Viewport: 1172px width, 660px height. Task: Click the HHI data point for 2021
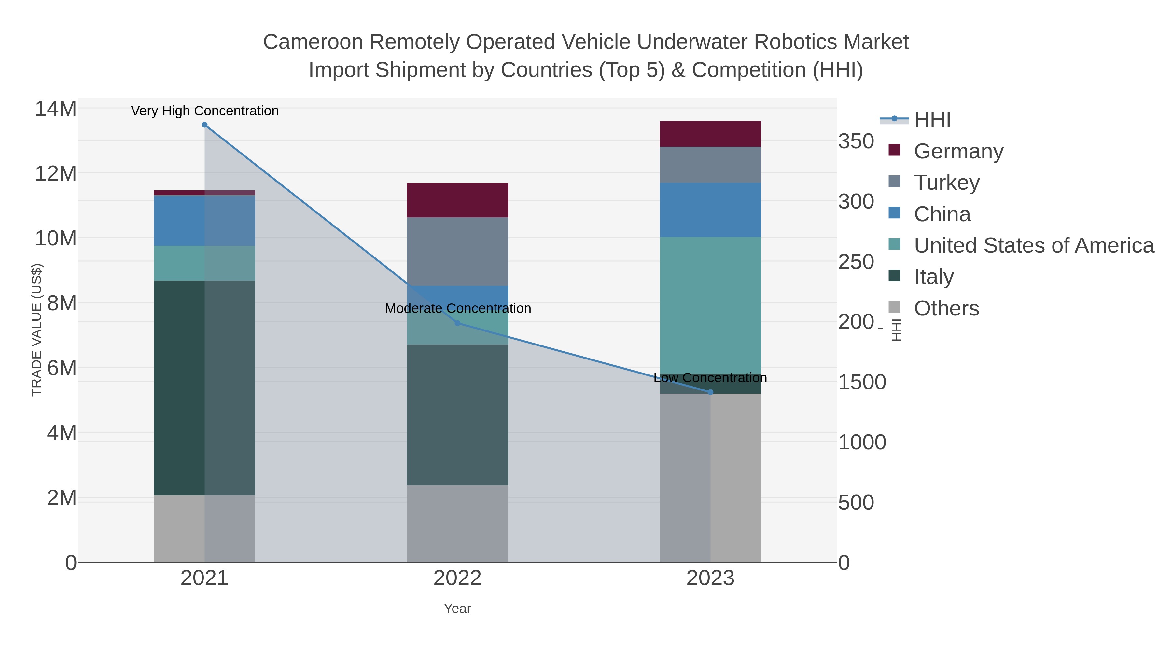(x=205, y=125)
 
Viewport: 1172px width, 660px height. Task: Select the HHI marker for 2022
(x=458, y=323)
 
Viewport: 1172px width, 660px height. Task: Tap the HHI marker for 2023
(x=711, y=392)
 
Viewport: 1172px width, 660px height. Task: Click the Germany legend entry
(x=958, y=151)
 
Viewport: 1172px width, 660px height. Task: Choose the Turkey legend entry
(x=946, y=183)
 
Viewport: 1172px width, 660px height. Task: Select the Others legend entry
(x=946, y=308)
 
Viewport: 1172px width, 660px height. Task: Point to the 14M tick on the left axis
(x=55, y=109)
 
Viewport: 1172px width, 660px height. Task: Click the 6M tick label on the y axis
(x=62, y=368)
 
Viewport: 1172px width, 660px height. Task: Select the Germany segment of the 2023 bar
(x=710, y=134)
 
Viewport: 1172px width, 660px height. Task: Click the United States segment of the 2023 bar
(x=710, y=305)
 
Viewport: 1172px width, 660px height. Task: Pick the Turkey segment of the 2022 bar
(x=457, y=251)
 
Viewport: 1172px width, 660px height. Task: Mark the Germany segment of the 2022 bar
(x=457, y=200)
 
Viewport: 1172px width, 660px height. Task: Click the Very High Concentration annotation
(x=205, y=111)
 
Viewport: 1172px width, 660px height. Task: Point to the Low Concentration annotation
(x=710, y=378)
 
